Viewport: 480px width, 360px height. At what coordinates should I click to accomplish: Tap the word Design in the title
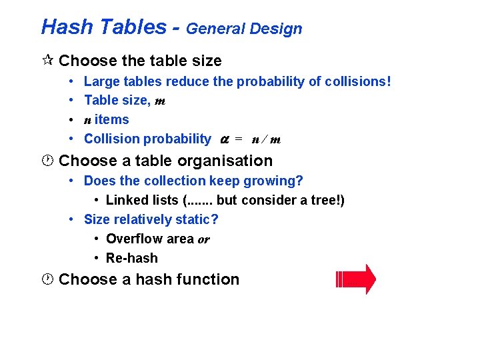[279, 29]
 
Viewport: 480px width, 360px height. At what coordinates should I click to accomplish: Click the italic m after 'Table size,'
[160, 101]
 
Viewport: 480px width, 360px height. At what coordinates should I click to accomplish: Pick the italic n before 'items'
[87, 120]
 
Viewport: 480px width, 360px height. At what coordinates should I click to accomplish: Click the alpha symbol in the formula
[225, 139]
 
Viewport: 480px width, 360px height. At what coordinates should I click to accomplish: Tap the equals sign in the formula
[239, 139]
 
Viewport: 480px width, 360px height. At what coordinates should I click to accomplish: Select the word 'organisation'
[231, 161]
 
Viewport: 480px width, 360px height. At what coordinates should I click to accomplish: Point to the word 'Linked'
[127, 201]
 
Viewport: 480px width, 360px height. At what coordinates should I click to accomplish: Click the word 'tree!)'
[327, 201]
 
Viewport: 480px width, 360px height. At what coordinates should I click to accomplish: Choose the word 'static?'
[198, 219]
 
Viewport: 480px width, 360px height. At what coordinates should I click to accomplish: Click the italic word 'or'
[203, 239]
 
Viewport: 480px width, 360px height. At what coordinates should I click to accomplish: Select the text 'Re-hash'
[132, 258]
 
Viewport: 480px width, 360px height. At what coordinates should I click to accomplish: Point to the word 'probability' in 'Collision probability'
[178, 139]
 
